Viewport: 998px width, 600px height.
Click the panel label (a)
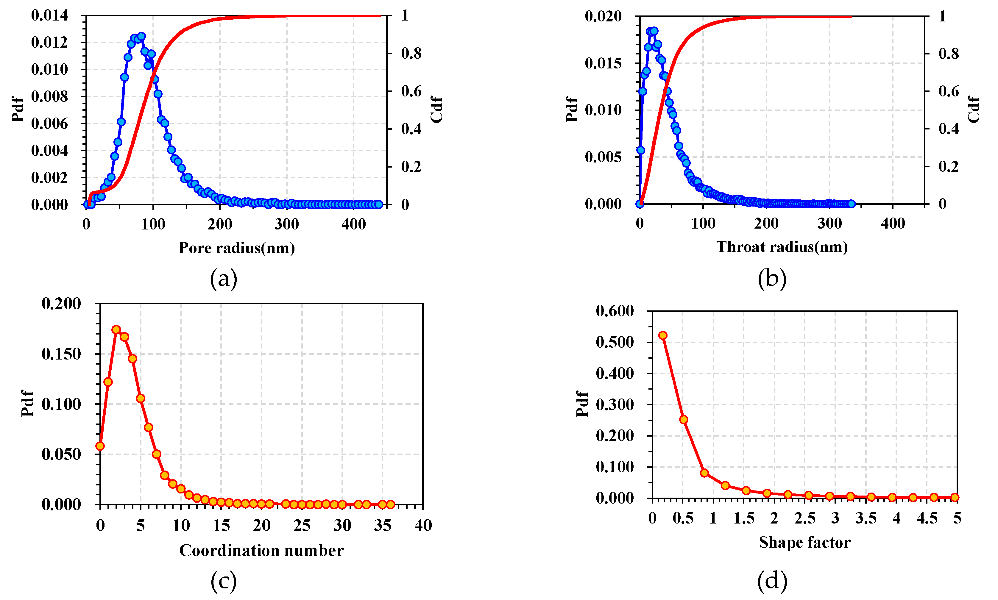[223, 279]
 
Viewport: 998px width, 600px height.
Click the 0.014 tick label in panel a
[49, 15]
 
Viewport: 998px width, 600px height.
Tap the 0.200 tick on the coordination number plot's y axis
[61, 303]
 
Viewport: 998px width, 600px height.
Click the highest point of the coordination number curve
[116, 329]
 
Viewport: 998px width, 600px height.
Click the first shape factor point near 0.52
[663, 335]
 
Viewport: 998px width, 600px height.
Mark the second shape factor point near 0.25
[683, 419]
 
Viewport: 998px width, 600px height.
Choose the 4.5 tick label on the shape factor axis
[927, 518]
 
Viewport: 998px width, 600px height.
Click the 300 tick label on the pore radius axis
[286, 224]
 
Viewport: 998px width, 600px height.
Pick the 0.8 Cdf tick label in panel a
[411, 53]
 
